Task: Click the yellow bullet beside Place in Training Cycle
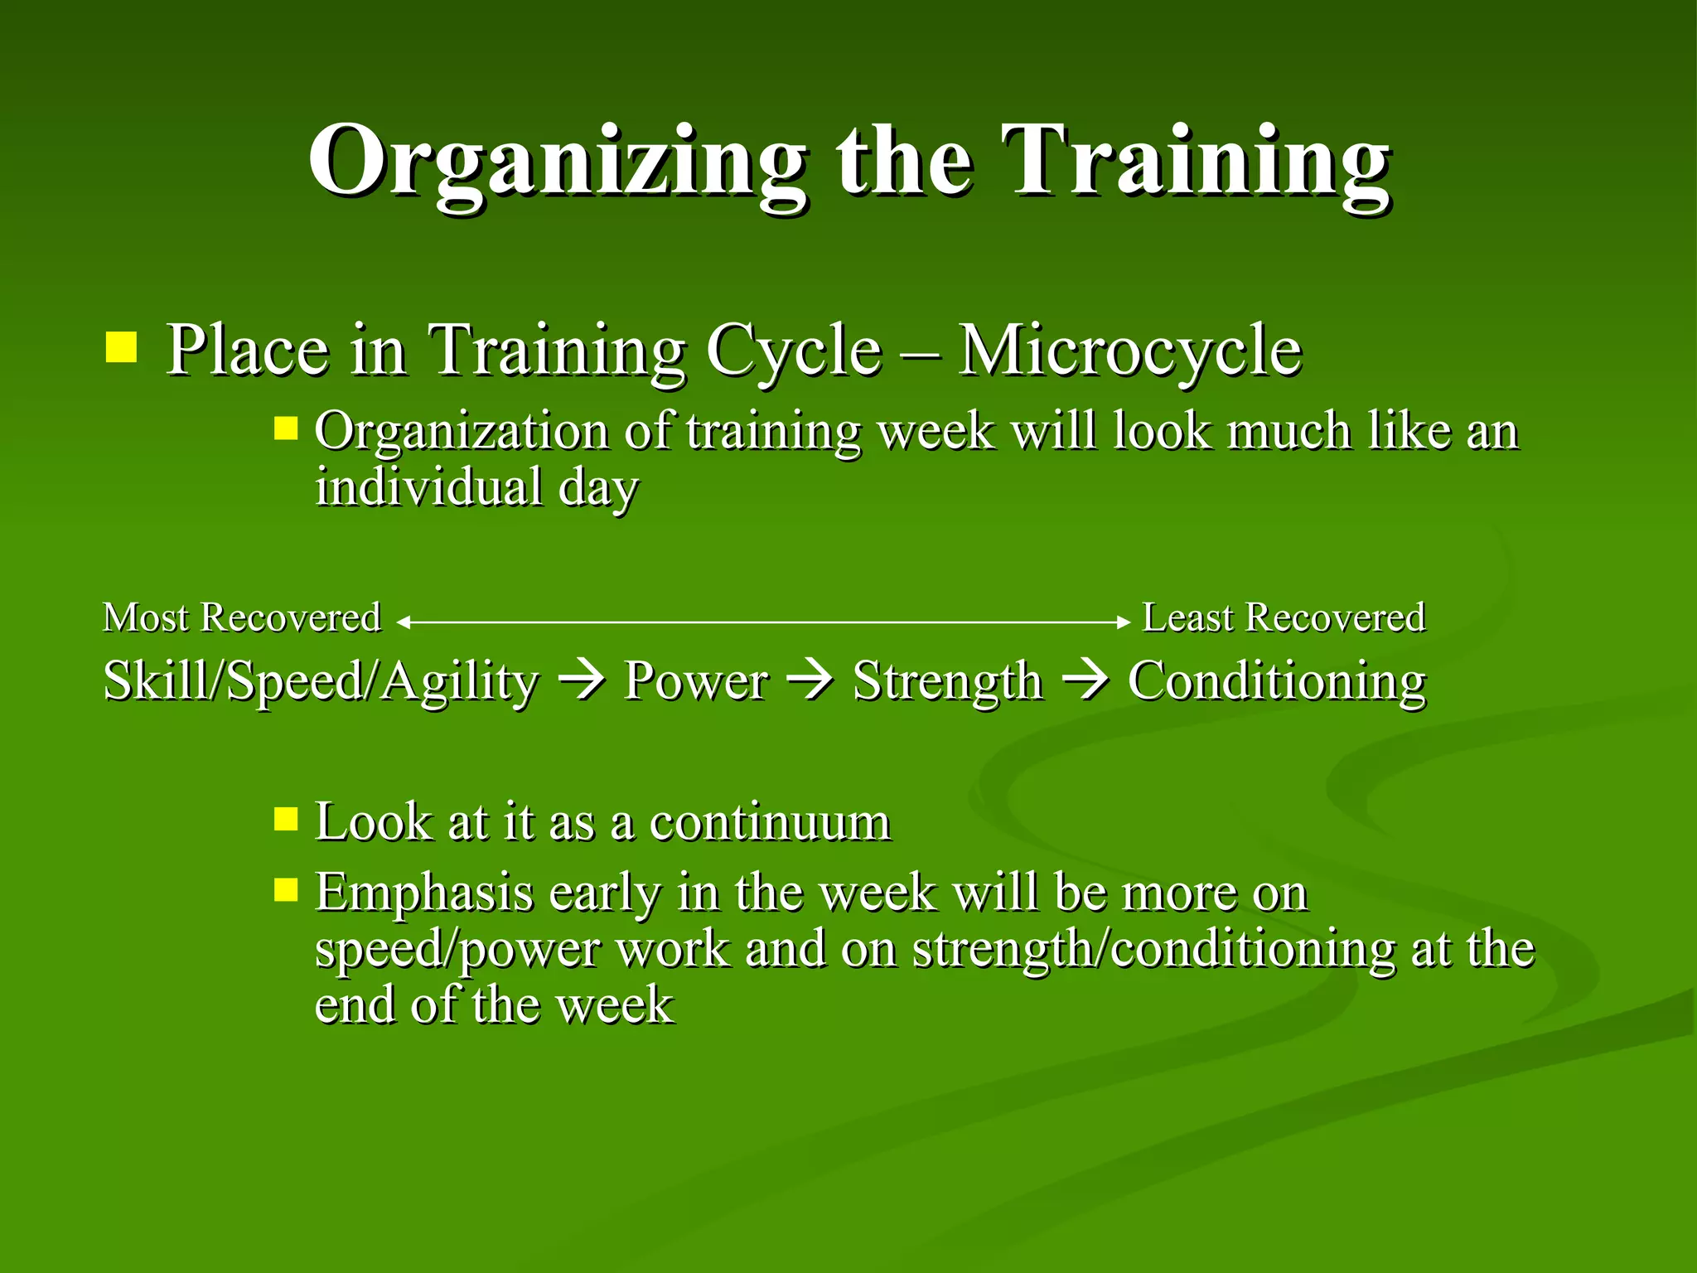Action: pyautogui.click(x=121, y=347)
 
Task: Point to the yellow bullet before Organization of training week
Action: pyautogui.click(x=286, y=428)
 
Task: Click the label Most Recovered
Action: pyautogui.click(x=241, y=618)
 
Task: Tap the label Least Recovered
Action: pyautogui.click(x=1284, y=618)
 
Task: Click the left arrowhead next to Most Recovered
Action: pyautogui.click(x=403, y=622)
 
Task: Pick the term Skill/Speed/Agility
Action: pyautogui.click(x=321, y=681)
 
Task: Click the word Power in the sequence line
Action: pyautogui.click(x=695, y=681)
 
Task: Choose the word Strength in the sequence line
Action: pyautogui.click(x=947, y=681)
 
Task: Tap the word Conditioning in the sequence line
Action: pyautogui.click(x=1276, y=681)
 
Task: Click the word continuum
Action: pyautogui.click(x=770, y=823)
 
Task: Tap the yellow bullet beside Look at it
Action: pyautogui.click(x=286, y=820)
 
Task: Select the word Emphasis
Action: pyautogui.click(x=423, y=893)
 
